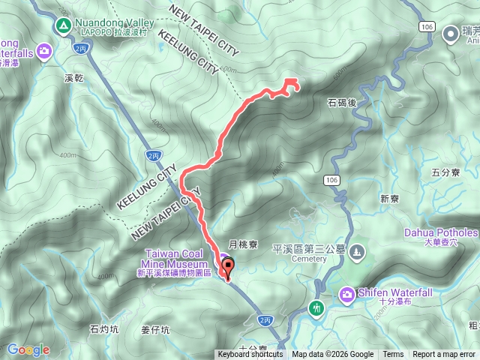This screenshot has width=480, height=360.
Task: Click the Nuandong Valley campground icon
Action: [62, 27]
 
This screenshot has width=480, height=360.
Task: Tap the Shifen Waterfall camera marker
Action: [347, 293]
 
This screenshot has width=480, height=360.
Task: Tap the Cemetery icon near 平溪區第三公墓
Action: [357, 250]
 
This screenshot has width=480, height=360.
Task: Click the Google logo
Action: [28, 349]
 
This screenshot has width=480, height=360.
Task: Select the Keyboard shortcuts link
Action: [250, 355]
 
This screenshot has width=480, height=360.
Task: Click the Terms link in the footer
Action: [393, 355]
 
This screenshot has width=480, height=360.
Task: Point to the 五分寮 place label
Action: [445, 172]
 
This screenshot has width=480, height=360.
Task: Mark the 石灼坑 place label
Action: [104, 328]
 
